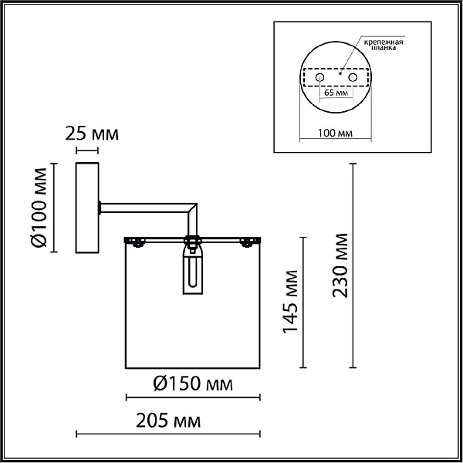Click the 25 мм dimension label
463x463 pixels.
[92, 133]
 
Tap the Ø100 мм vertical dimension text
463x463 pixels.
[39, 208]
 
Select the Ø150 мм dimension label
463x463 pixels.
[193, 384]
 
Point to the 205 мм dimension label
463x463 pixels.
[168, 421]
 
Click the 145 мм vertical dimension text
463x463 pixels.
[291, 302]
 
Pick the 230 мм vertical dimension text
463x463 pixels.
[340, 265]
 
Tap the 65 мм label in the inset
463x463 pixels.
[336, 93]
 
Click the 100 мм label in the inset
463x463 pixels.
[335, 133]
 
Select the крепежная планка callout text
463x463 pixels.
[384, 45]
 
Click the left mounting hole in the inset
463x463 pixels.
[319, 78]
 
